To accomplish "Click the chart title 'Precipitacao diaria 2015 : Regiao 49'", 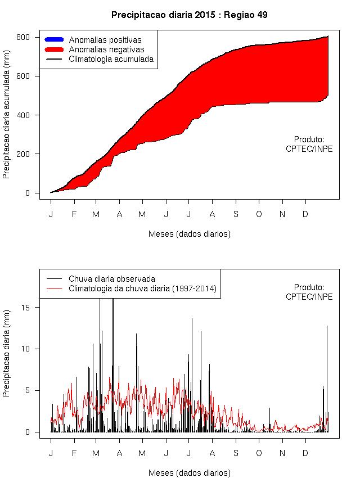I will click(189, 15).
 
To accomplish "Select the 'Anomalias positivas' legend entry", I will click(105, 40).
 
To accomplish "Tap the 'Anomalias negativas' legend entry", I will click(106, 49).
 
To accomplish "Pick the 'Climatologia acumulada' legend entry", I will click(111, 59).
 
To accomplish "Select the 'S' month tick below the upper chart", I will click(236, 214).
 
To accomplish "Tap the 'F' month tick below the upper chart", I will click(74, 214).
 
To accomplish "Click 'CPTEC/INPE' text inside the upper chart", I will click(309, 149).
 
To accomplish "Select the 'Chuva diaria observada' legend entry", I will click(111, 279).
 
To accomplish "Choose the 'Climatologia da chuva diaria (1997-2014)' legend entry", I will click(142, 288).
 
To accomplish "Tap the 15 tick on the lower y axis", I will click(33, 307).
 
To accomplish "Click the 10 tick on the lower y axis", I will click(33, 349).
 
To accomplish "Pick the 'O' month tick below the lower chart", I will click(259, 453).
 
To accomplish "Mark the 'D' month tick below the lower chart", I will click(306, 453).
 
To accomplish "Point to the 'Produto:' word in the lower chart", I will click(309, 287).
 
